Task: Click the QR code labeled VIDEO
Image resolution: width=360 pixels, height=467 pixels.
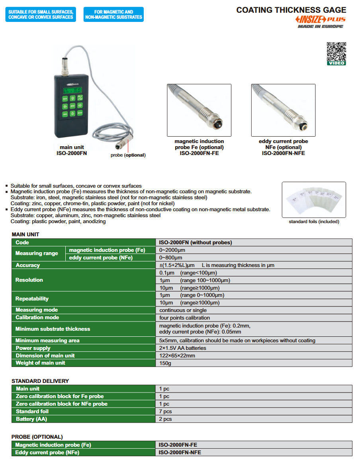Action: click(x=336, y=52)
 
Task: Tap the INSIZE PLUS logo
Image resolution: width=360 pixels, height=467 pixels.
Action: click(x=321, y=20)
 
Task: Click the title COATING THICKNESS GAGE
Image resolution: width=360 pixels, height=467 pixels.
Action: click(x=291, y=10)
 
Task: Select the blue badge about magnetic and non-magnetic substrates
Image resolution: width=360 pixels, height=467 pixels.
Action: click(x=113, y=14)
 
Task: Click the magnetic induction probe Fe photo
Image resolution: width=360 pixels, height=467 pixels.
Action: click(x=199, y=110)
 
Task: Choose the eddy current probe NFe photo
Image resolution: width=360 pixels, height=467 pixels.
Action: click(x=283, y=110)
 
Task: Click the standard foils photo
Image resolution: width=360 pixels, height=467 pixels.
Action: click(x=314, y=200)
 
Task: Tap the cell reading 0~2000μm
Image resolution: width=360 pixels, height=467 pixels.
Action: click(x=172, y=250)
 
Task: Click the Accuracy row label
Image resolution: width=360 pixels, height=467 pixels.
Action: click(x=28, y=265)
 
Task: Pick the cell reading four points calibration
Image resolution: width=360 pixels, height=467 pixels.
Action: click(x=184, y=318)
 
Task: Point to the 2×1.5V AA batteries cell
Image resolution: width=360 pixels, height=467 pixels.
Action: click(x=183, y=348)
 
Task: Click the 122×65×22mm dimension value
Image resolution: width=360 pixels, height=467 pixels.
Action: click(x=177, y=355)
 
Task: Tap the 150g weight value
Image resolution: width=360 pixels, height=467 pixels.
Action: click(x=165, y=363)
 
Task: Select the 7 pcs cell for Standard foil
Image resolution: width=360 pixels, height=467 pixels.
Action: click(x=166, y=412)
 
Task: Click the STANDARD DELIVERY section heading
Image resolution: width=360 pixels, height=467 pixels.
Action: click(x=40, y=381)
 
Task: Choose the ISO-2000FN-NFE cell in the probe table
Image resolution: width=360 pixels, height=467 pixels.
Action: click(x=180, y=453)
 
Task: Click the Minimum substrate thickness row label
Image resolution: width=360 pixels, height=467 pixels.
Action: click(x=53, y=329)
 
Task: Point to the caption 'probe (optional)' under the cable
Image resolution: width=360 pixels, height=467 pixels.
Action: click(x=128, y=155)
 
